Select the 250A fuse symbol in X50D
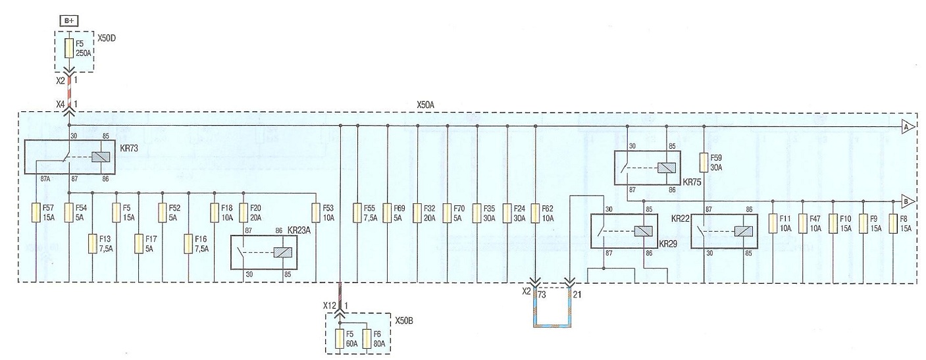70,48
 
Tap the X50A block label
425,105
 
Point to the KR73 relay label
128,148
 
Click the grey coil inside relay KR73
101,157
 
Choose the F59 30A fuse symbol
704,163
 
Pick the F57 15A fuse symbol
36,213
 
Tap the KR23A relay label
299,231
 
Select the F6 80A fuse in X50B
367,338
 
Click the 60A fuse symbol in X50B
340,338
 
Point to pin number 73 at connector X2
542,295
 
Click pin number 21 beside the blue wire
577,295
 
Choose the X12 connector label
330,306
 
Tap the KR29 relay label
668,244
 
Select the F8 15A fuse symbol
893,223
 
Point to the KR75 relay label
692,182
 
